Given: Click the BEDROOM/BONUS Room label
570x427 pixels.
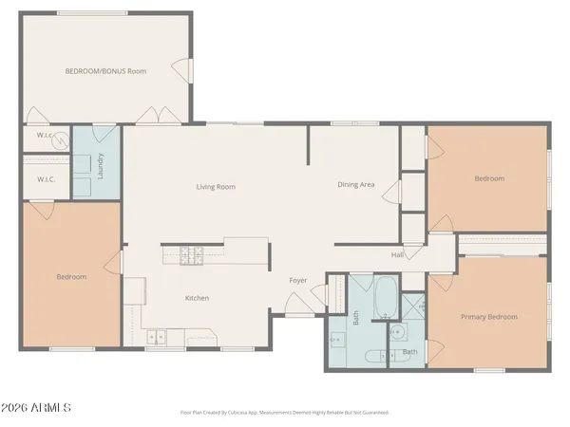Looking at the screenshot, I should point(105,71).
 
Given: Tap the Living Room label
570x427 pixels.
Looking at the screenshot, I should point(216,187).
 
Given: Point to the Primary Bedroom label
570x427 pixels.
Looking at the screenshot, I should point(489,316).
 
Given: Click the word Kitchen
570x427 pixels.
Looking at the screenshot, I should point(197,298).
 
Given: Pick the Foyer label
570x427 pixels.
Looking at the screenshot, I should point(298,280).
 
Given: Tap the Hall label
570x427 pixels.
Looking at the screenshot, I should point(398,254).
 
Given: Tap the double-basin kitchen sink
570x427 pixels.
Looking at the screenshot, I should point(156,335).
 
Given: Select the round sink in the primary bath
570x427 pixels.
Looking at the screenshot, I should point(398,332).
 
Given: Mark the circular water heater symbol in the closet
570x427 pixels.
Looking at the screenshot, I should point(60,139).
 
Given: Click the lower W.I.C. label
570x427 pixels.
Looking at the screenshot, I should point(46,179).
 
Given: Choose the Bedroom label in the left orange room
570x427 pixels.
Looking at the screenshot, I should point(71,277).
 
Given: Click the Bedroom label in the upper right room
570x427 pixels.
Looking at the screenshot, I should point(489,178).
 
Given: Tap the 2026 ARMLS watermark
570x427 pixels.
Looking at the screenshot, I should point(37,408).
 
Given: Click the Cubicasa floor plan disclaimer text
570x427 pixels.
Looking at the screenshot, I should point(285,413).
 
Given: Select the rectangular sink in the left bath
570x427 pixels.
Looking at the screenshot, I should point(336,339).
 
